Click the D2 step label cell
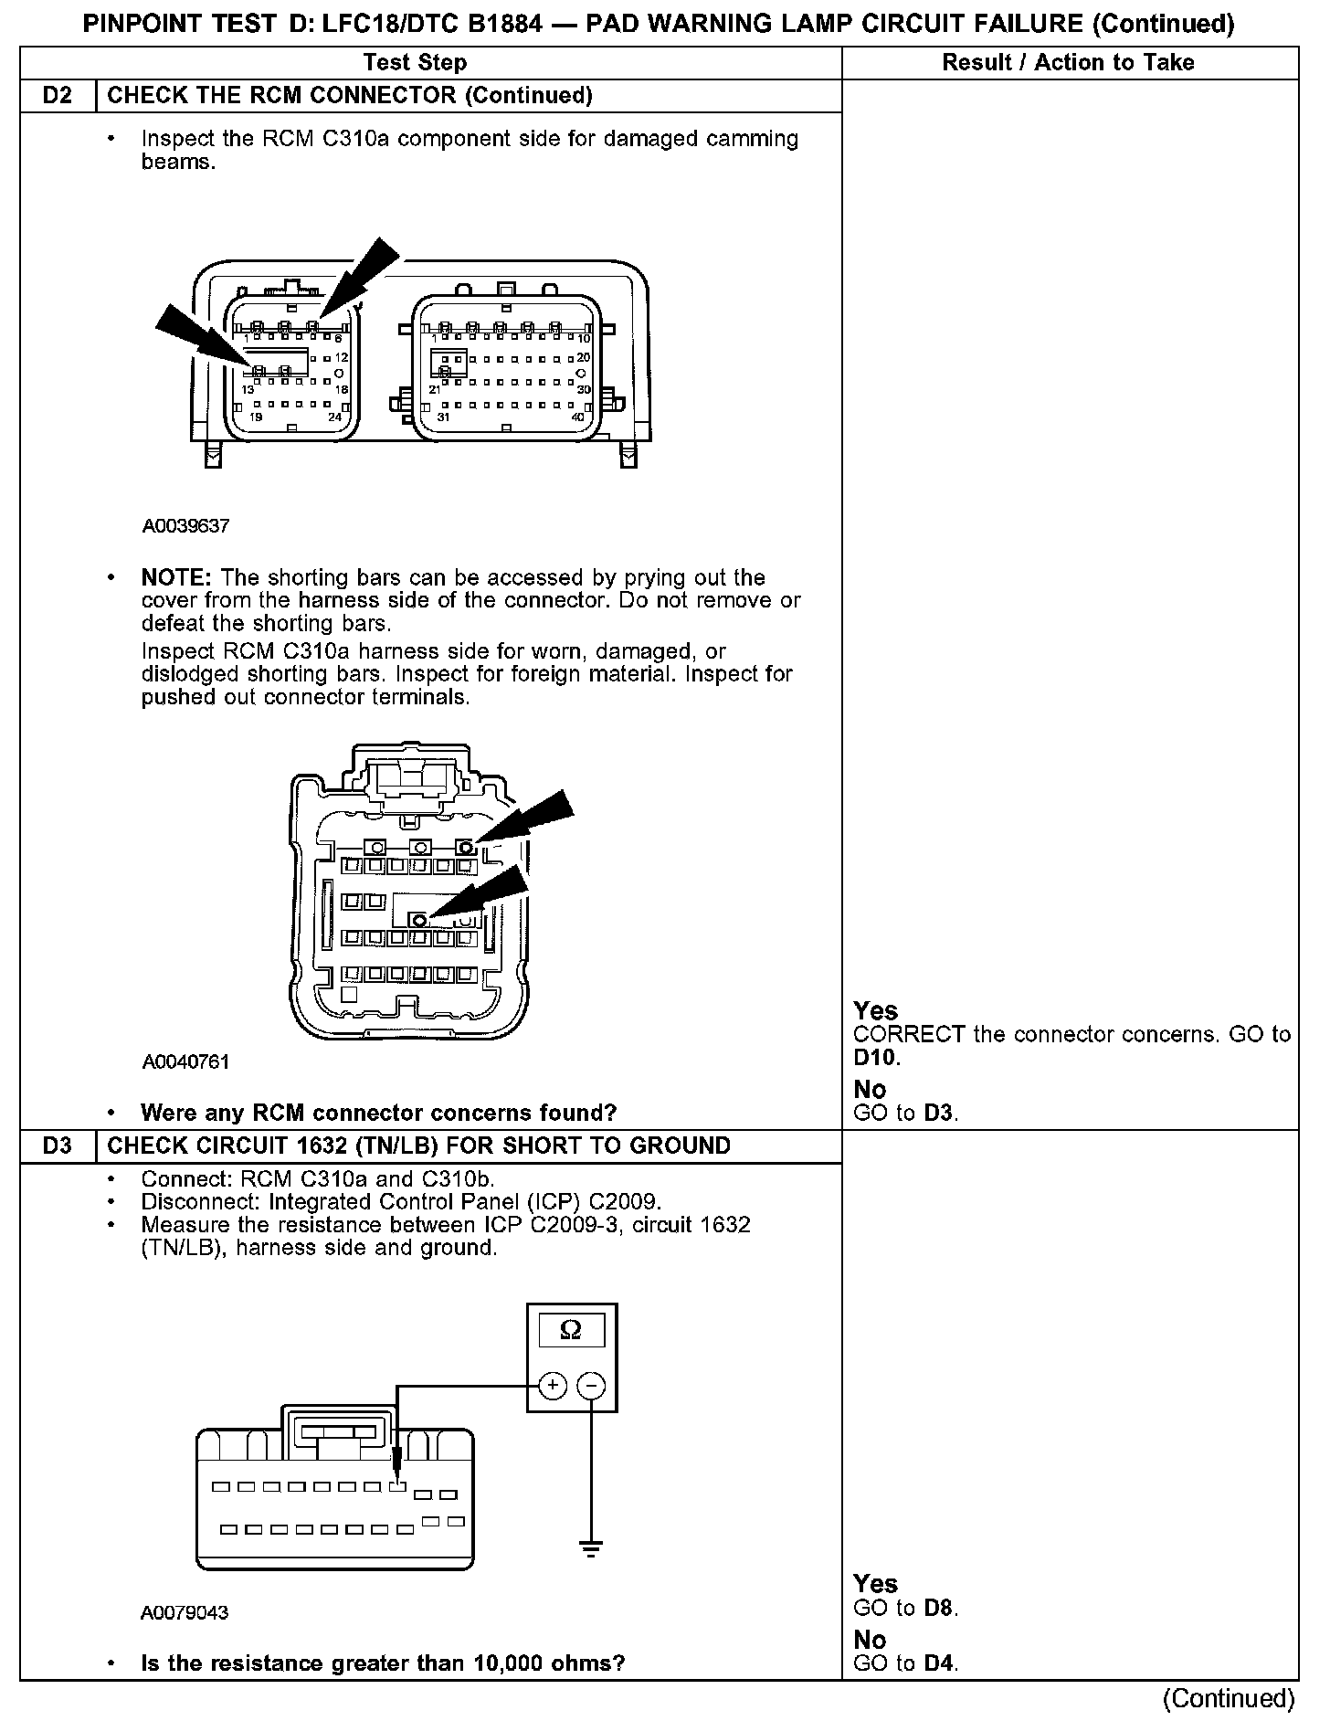coord(58,96)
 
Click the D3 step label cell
coord(58,1146)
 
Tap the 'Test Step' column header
coord(415,63)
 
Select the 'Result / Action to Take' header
coord(1068,63)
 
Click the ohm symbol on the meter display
coord(572,1330)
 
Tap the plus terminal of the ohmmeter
coord(553,1386)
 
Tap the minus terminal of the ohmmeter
coord(592,1386)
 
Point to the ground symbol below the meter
coord(591,1547)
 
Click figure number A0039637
coord(185,526)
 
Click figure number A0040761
coord(185,1061)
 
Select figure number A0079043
coord(185,1612)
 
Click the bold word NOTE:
coord(176,578)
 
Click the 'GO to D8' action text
coord(905,1608)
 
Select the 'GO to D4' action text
coord(905,1663)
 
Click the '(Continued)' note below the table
coord(1229,1698)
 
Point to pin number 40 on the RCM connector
coord(578,417)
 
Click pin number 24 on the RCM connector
coord(336,417)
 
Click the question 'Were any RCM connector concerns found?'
coord(378,1113)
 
